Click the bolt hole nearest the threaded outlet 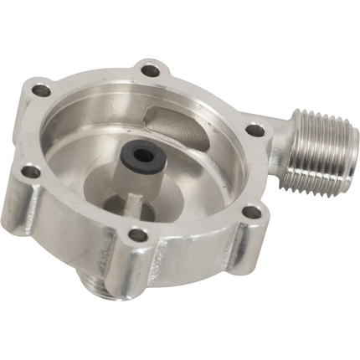pos(250,131)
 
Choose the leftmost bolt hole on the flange pos(29,172)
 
